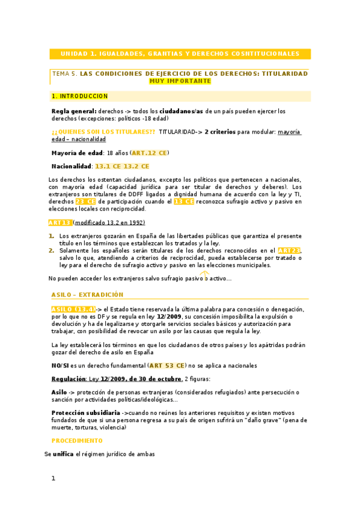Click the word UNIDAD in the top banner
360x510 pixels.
pyautogui.click(x=73, y=54)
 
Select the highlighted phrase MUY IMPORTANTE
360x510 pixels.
pyautogui.click(x=180, y=81)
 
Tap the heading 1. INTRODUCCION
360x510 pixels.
pyautogui.click(x=80, y=96)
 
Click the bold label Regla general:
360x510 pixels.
pyautogui.click(x=74, y=111)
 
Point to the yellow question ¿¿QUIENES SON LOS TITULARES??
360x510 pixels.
pyautogui.click(x=103, y=131)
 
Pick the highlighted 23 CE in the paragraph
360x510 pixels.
pyautogui.click(x=85, y=201)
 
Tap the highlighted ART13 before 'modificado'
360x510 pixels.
pyautogui.click(x=60, y=223)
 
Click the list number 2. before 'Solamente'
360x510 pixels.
pyautogui.click(x=52, y=250)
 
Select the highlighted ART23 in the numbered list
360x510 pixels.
pyautogui.click(x=288, y=250)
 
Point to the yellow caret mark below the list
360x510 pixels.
pyautogui.click(x=204, y=275)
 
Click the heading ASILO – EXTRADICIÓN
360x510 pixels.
pyautogui.click(x=87, y=295)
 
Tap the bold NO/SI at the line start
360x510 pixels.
pyautogui.click(x=60, y=365)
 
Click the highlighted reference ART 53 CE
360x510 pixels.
pyautogui.click(x=167, y=365)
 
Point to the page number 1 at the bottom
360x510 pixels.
pyautogui.click(x=53, y=479)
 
